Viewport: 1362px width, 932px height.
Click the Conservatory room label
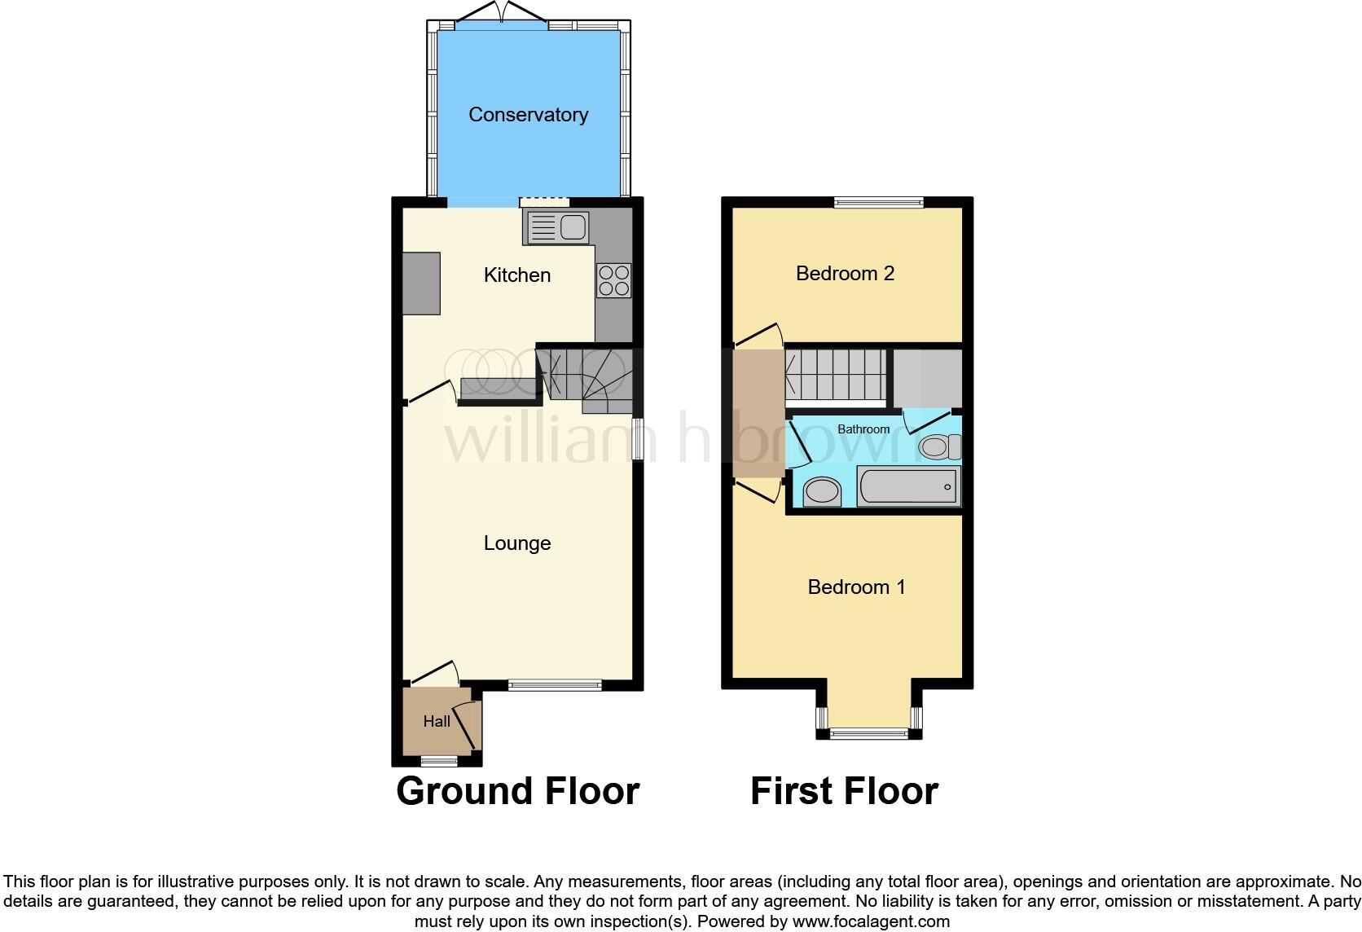528,115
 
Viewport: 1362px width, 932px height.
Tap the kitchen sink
558,227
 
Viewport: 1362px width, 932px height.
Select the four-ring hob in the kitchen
613,280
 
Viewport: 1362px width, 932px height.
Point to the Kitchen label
517,275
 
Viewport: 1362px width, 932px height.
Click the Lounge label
517,543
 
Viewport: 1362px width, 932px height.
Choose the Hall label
437,722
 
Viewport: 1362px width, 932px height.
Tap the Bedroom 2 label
845,274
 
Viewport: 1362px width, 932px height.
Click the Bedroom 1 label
856,587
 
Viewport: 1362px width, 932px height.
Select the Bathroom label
863,429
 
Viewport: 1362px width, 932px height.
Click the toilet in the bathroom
939,446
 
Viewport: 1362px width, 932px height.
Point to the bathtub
909,486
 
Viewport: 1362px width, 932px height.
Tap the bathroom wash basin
822,492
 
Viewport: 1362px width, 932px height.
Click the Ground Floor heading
518,791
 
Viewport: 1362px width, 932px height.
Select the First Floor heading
844,791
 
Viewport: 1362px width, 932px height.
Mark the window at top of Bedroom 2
878,202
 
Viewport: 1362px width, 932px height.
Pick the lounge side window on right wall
638,440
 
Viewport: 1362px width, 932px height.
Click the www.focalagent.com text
871,922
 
